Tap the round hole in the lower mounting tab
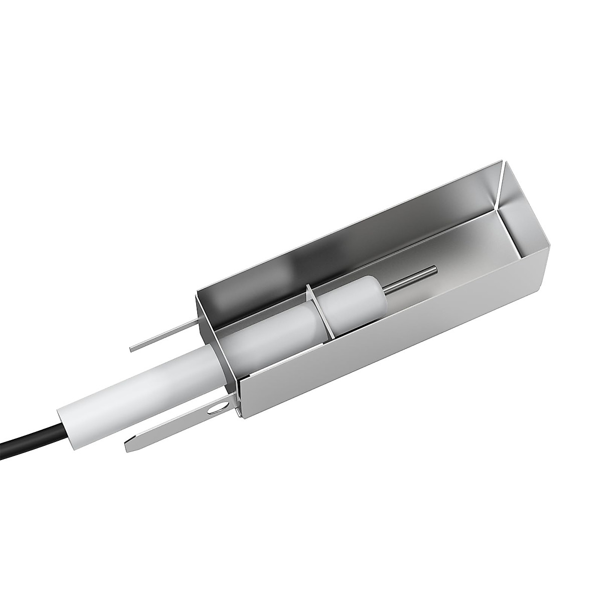[215, 409]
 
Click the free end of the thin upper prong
[132, 347]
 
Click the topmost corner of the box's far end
[501, 161]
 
